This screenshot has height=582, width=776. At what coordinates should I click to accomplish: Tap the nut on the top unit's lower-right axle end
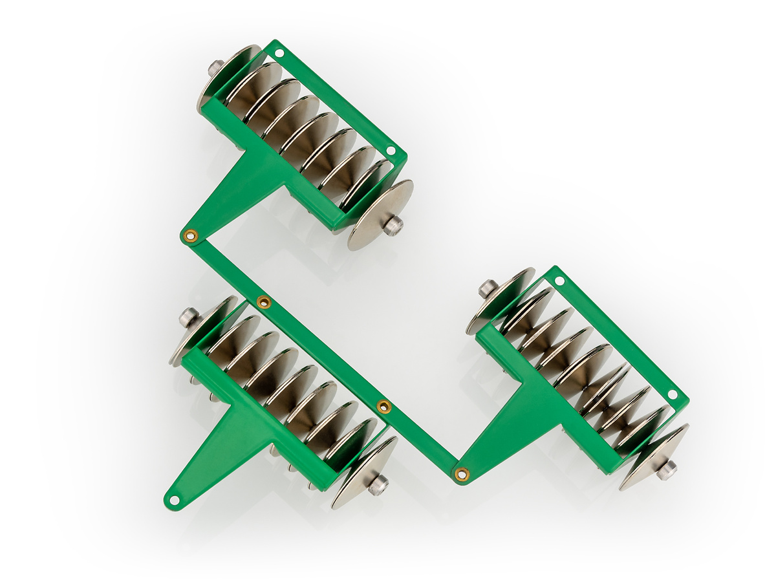pyautogui.click(x=393, y=225)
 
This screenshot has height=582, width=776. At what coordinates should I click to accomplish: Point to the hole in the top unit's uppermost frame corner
pyautogui.click(x=279, y=52)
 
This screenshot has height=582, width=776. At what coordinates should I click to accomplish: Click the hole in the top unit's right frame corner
pyautogui.click(x=390, y=151)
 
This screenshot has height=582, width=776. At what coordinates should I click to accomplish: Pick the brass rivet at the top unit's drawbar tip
pyautogui.click(x=190, y=236)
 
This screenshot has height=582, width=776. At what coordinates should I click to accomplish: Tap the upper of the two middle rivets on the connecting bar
pyautogui.click(x=263, y=302)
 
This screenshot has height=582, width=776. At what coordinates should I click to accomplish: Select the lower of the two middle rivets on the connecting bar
pyautogui.click(x=383, y=406)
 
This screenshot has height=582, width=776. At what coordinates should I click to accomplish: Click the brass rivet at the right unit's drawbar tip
pyautogui.click(x=461, y=475)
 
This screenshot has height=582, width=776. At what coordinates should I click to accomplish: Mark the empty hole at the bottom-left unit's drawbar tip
pyautogui.click(x=173, y=499)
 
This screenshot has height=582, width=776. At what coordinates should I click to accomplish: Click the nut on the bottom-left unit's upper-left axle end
pyautogui.click(x=188, y=316)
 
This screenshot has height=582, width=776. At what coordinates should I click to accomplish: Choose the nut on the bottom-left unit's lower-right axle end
pyautogui.click(x=378, y=484)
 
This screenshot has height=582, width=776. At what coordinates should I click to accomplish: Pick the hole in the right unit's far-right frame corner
pyautogui.click(x=672, y=394)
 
